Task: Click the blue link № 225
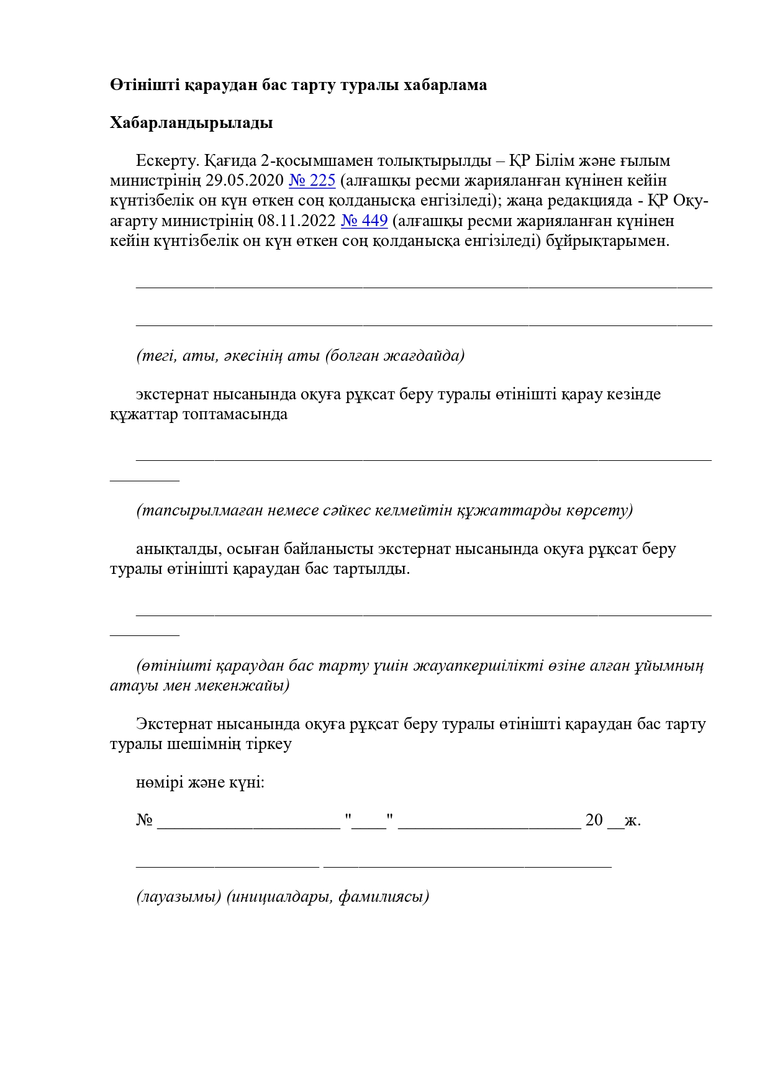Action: (312, 181)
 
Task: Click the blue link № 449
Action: (364, 221)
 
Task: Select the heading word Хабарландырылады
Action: (191, 123)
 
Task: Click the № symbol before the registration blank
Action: (144, 820)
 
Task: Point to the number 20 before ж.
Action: (594, 820)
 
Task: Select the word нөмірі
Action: (159, 783)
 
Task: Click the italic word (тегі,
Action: (157, 356)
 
